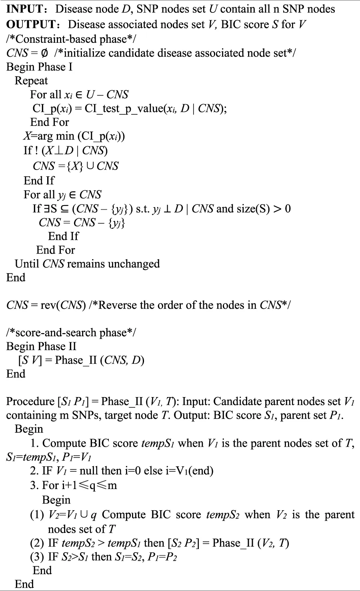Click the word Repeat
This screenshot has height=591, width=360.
[31, 81]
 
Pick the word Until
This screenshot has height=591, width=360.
[27, 264]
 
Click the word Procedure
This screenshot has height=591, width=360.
[30, 401]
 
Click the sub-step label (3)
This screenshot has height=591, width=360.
[37, 558]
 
